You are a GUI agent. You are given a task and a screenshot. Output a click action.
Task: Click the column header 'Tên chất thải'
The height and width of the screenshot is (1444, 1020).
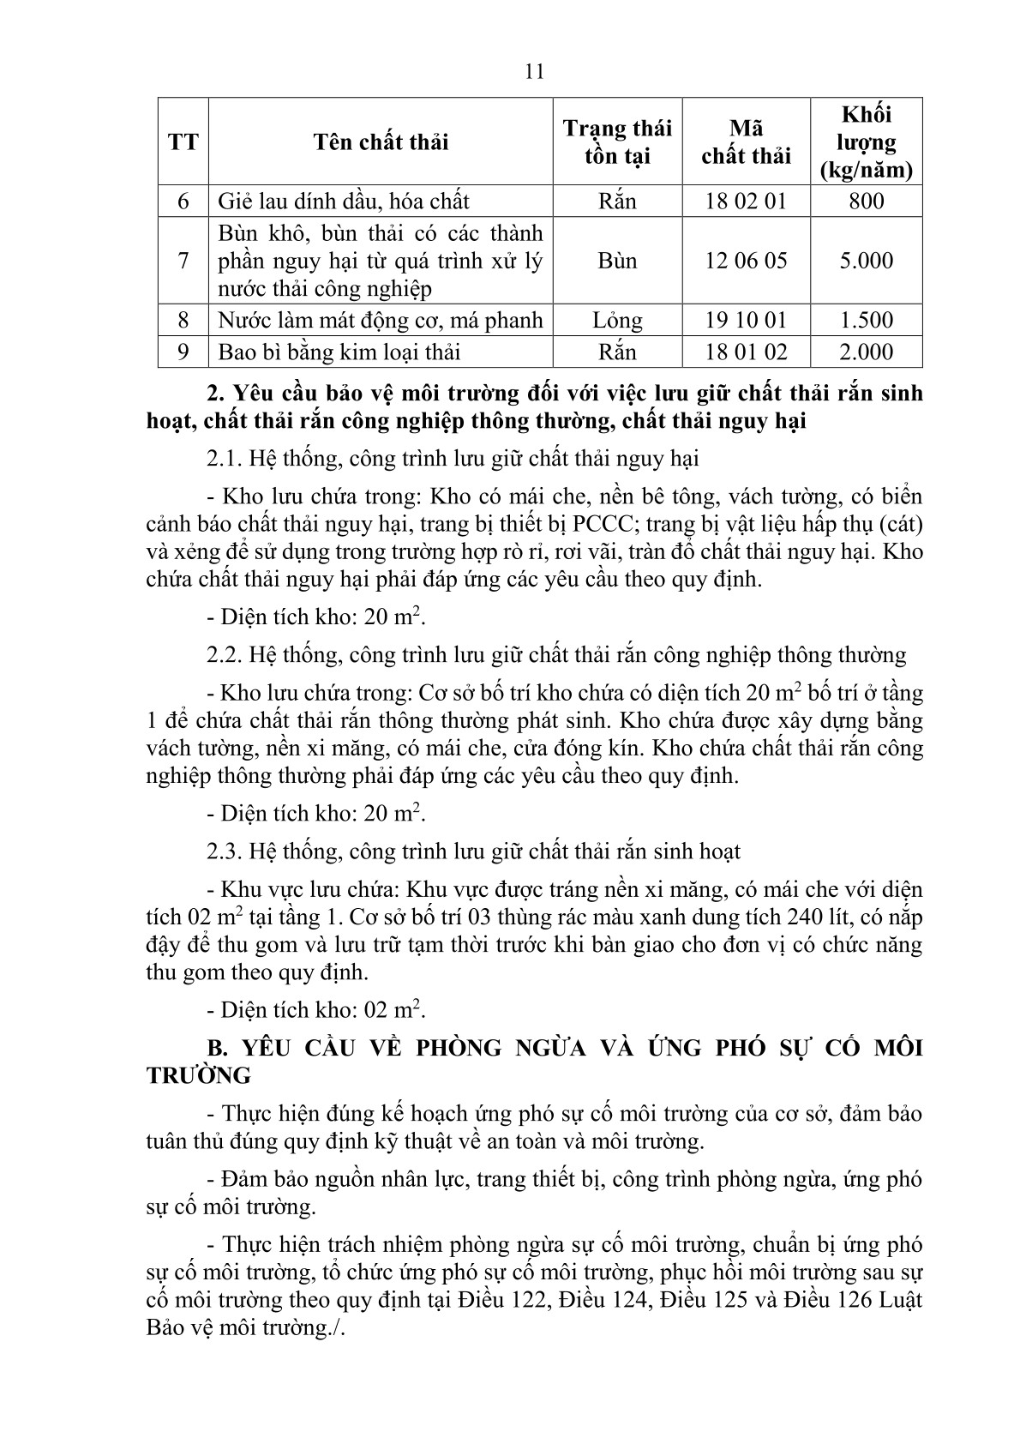[x=381, y=141]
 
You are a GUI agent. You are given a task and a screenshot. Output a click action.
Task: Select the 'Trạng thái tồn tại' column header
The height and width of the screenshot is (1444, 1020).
[x=617, y=141]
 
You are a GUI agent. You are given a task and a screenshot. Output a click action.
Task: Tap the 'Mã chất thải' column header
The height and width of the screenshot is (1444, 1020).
[x=746, y=142]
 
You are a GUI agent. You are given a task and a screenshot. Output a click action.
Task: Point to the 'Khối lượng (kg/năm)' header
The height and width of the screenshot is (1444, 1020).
[x=867, y=141]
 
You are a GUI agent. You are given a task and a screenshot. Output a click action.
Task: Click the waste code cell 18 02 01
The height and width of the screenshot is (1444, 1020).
[x=746, y=202]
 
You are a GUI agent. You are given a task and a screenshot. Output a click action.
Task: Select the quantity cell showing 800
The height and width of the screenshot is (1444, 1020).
[x=867, y=202]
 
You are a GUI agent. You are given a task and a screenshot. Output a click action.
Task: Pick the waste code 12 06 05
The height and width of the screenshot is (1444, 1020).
[x=746, y=261]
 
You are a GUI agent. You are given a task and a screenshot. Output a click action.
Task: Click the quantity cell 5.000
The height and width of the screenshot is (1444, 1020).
[x=867, y=261]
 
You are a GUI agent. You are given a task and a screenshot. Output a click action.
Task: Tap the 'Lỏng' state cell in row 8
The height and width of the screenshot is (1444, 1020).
[x=617, y=320]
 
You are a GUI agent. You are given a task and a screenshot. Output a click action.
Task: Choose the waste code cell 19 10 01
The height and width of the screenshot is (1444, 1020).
[x=746, y=320]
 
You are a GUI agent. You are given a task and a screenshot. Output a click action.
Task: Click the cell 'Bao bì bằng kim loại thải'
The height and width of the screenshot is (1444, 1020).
[x=339, y=352]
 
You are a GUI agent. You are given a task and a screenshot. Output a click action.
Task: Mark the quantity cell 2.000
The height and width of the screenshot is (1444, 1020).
[x=867, y=352]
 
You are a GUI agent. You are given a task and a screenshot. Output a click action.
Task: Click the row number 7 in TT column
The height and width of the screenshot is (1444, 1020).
[x=183, y=261]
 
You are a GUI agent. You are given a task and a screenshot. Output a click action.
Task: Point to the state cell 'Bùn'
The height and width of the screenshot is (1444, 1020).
[x=617, y=261]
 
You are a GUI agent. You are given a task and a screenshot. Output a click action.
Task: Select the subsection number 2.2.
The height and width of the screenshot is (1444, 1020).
[x=225, y=655]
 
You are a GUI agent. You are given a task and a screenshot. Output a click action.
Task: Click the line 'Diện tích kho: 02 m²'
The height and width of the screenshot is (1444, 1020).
[x=316, y=1009]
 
